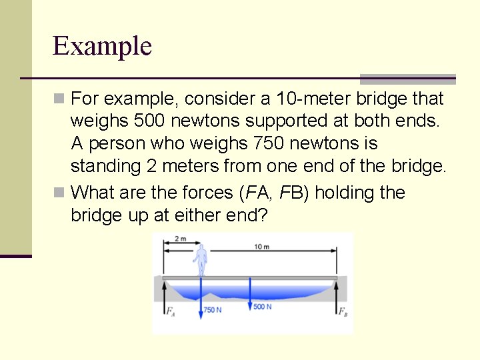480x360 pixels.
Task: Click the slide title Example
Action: tap(102, 46)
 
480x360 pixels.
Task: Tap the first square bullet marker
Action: tap(59, 99)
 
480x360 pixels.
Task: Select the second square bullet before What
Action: tap(59, 193)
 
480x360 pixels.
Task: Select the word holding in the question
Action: tap(343, 193)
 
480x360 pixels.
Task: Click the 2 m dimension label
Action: tap(180, 239)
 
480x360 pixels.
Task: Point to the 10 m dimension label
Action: tap(262, 247)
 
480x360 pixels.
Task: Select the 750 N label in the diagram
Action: tap(213, 311)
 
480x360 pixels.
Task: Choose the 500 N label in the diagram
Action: tap(263, 307)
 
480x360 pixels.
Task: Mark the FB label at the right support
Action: tap(342, 311)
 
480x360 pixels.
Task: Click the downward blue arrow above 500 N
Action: tap(249, 292)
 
